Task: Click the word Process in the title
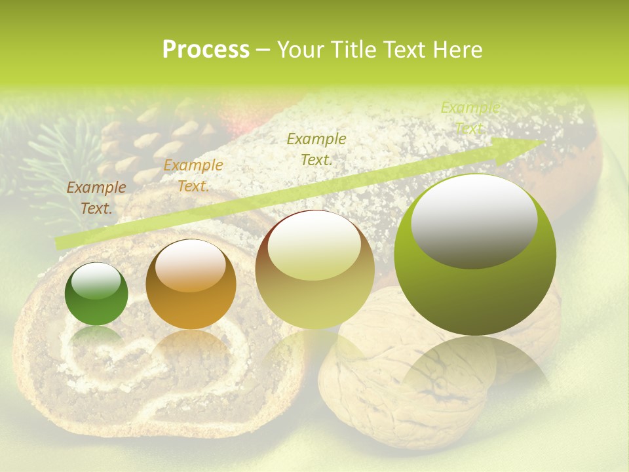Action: (206, 50)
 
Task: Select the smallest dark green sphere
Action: (96, 294)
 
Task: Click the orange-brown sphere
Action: (191, 284)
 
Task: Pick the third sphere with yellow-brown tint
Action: (314, 269)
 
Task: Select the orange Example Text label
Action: (193, 176)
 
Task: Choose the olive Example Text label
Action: (316, 149)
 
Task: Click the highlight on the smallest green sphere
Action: (96, 280)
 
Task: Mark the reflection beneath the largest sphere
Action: (475, 367)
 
